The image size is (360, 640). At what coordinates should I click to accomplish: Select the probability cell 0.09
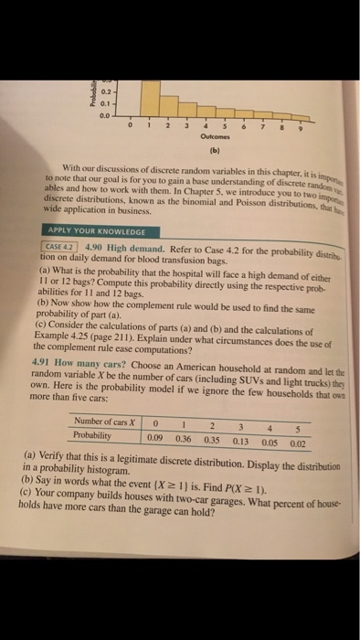[x=157, y=437]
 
